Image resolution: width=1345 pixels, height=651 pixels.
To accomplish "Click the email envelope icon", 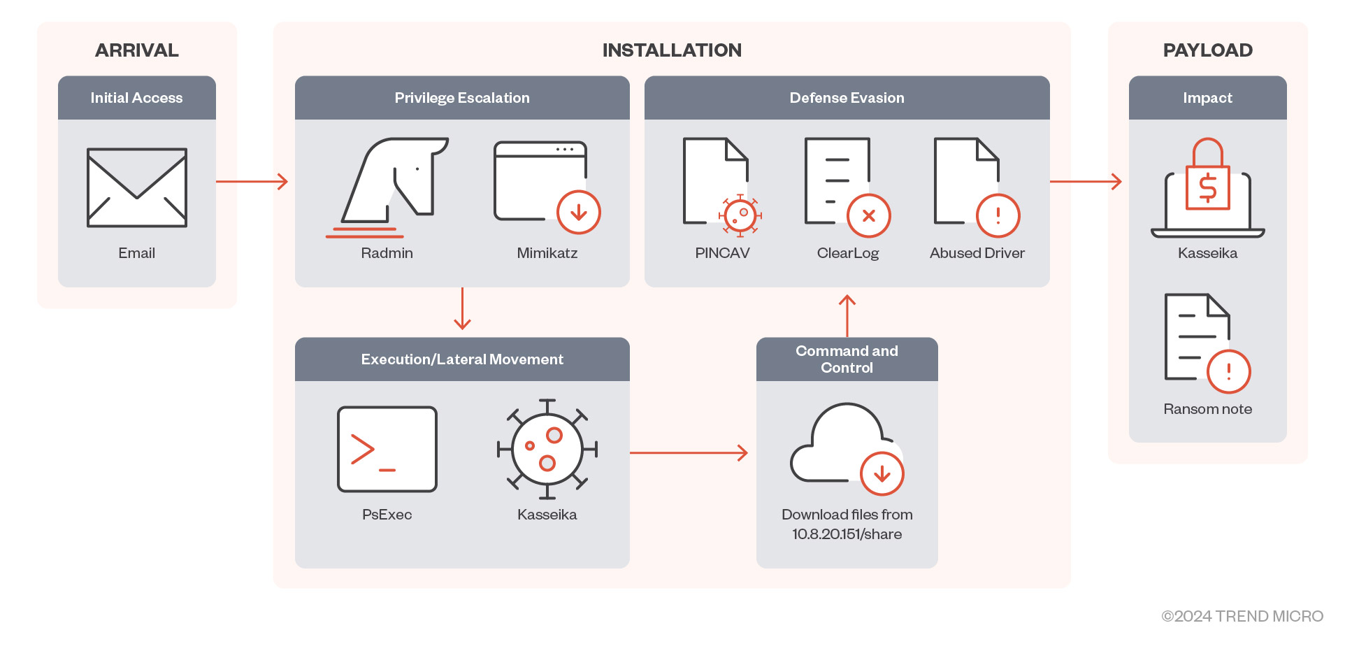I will click(x=137, y=187).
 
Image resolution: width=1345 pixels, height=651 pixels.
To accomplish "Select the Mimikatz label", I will click(x=547, y=253).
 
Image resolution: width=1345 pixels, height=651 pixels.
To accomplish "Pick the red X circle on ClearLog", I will click(x=868, y=215).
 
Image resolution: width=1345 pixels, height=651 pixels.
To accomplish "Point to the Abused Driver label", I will click(x=977, y=253).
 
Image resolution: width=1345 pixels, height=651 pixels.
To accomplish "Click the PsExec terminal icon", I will click(x=387, y=449).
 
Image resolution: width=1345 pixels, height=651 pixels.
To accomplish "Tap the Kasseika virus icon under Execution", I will click(x=547, y=449).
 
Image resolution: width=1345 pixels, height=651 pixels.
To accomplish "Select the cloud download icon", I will click(x=846, y=445).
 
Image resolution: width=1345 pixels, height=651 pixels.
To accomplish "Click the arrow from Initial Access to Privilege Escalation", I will click(x=252, y=182).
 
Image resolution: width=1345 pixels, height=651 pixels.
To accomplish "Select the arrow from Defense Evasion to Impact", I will click(x=1086, y=182).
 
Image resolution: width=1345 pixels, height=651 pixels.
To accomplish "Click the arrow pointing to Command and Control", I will click(x=689, y=453).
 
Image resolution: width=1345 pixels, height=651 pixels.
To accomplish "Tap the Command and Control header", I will click(x=847, y=359).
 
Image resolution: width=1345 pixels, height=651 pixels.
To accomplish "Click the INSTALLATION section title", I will click(x=671, y=50).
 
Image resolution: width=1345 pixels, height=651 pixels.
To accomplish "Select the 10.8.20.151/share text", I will click(x=847, y=534).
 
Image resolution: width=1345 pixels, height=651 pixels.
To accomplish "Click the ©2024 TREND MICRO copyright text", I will click(x=1242, y=616).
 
